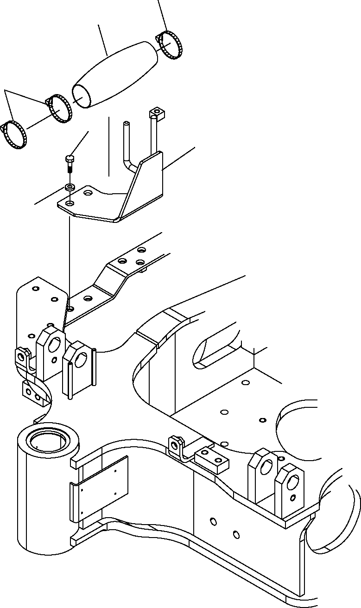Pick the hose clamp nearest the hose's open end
[x=59, y=108]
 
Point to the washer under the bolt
[x=69, y=187]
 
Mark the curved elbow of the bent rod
[x=132, y=165]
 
